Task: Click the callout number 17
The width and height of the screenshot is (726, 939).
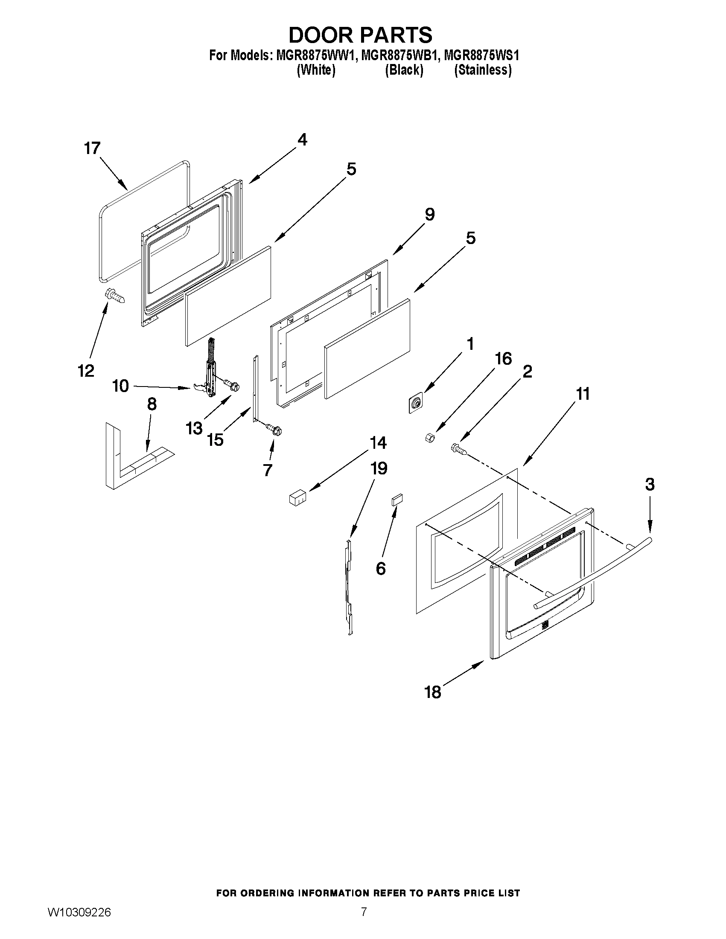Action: (x=92, y=148)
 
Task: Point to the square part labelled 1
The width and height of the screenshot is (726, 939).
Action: (x=415, y=403)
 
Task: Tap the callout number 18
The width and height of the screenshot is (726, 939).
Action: (x=433, y=692)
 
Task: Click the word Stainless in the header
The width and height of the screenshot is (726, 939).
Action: (x=483, y=70)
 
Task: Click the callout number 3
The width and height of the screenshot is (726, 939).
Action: (x=650, y=485)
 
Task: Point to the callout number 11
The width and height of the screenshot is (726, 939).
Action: (x=583, y=394)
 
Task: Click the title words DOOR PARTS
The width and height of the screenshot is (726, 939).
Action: (x=360, y=35)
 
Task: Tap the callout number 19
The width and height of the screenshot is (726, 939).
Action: (x=379, y=468)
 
